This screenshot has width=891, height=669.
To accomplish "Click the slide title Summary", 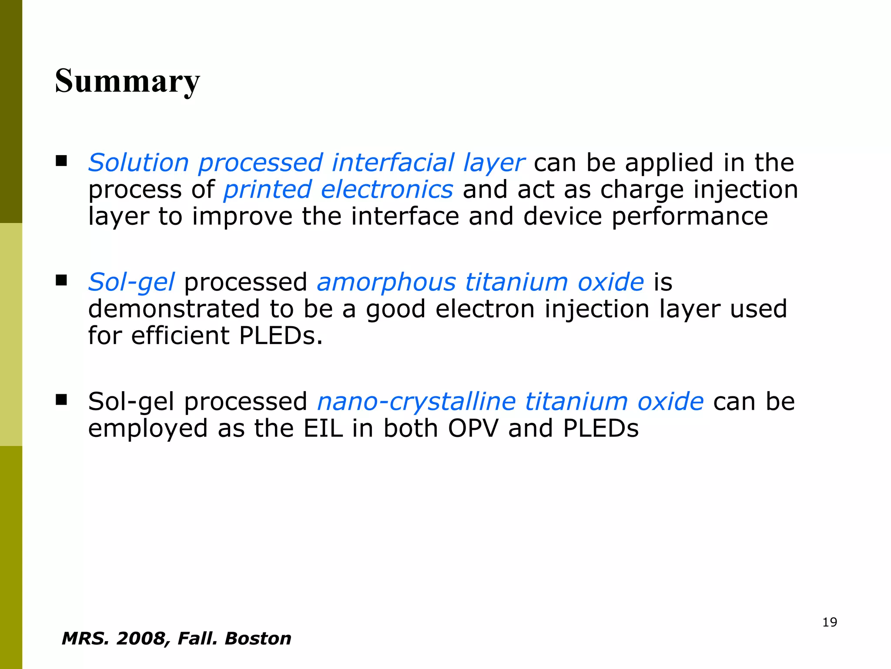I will coord(127,81).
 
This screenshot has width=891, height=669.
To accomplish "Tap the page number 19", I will coord(830,622).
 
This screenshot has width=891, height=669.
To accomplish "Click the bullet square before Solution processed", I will coord(61,161).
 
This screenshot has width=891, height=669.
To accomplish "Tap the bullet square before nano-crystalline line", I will coord(61,399).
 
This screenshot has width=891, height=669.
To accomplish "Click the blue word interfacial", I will coord(392,162).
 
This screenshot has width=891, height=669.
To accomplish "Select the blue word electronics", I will coord(387,189).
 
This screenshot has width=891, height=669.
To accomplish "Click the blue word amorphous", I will coord(386,282).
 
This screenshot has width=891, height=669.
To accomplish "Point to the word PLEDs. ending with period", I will coord(281,336).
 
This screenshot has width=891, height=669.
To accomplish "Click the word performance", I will coord(690,216).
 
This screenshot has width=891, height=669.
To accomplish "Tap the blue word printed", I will coord(268,189).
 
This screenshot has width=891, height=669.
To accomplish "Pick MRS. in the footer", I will coord(85,639).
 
